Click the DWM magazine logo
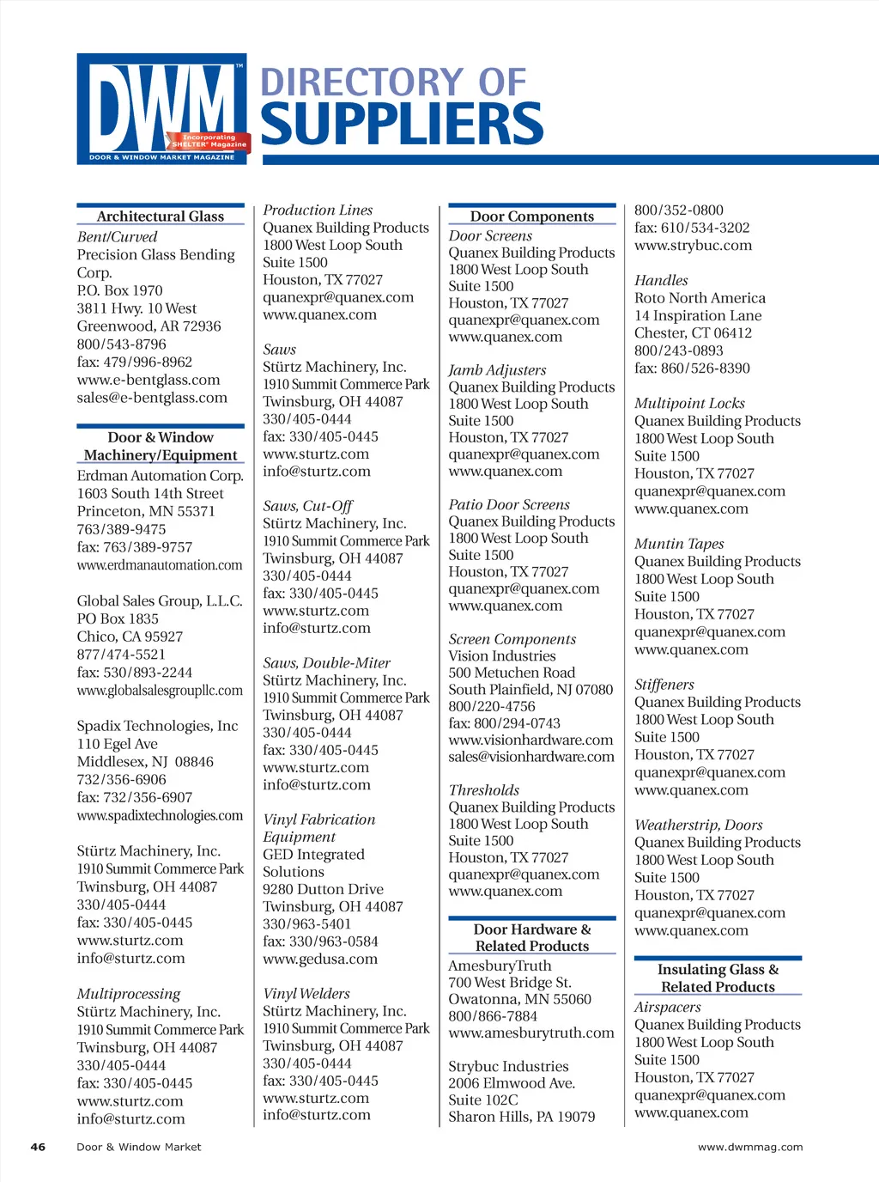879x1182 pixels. click(162, 108)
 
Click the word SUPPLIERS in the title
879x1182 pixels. click(402, 125)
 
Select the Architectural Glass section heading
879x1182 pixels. click(161, 216)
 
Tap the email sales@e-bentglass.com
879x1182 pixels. click(152, 398)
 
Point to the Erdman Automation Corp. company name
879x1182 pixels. click(161, 476)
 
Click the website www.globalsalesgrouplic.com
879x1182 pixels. click(160, 691)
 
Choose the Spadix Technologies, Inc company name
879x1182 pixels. click(158, 726)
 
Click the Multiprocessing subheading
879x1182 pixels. click(129, 994)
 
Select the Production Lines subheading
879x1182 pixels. click(318, 210)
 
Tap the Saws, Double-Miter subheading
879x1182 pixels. click(326, 663)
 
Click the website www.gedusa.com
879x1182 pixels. click(320, 959)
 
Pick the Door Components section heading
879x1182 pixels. click(532, 216)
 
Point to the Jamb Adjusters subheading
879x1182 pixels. click(497, 370)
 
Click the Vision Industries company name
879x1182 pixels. click(502, 656)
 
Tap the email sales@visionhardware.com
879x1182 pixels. click(531, 757)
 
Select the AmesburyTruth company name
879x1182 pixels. click(500, 966)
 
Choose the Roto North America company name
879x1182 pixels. click(700, 298)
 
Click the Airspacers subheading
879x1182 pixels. click(668, 1007)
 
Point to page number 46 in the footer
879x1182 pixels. click(39, 1147)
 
